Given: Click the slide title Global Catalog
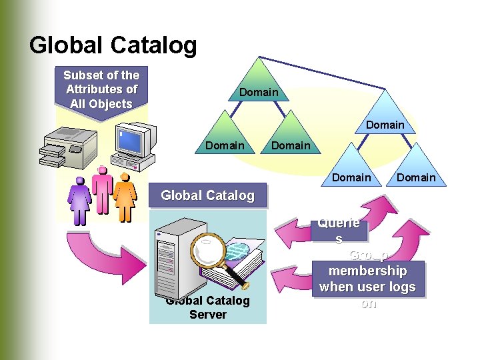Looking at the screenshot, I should tap(113, 45).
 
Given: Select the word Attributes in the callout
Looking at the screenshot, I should tap(101, 89).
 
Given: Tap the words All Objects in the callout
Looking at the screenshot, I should tap(101, 104).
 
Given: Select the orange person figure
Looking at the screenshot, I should tap(124, 197).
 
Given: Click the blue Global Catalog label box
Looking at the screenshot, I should tap(207, 195).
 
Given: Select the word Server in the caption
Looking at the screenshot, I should tap(208, 315).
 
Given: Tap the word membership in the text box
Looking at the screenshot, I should tap(367, 271).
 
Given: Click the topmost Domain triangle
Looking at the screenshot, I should tap(259, 83).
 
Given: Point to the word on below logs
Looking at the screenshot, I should tap(368, 303).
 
